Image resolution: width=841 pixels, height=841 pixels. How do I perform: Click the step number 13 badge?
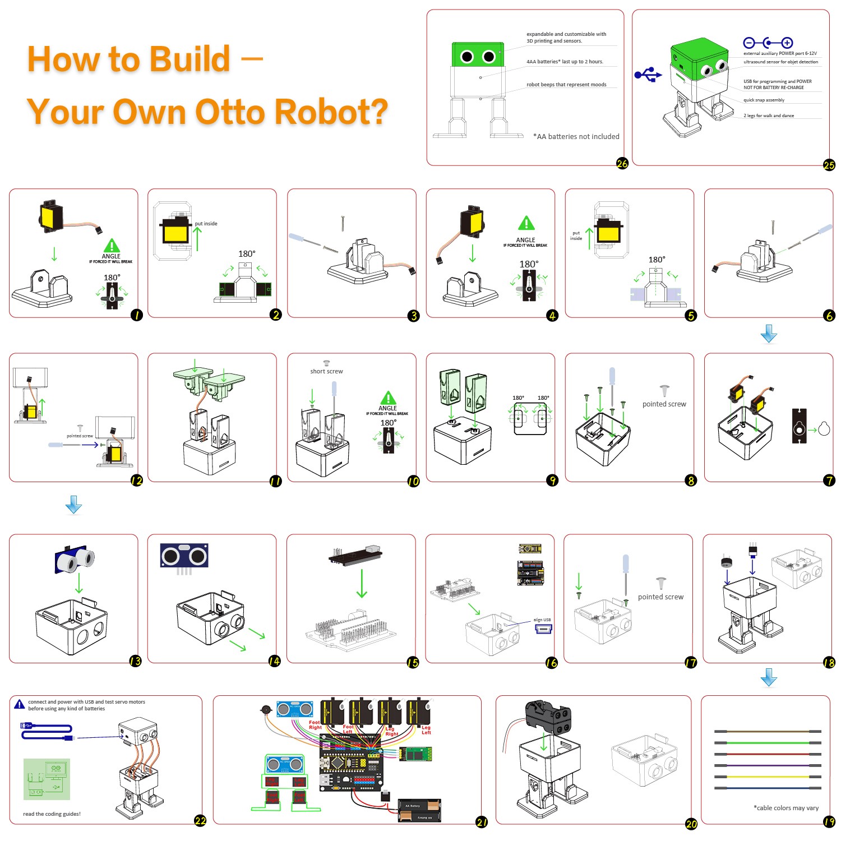(135, 661)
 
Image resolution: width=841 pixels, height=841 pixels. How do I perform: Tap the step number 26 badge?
(622, 163)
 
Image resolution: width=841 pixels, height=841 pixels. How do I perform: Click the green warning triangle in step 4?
(526, 223)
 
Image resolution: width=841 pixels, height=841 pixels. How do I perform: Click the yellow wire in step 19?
(768, 777)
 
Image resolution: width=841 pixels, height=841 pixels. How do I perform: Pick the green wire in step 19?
(768, 742)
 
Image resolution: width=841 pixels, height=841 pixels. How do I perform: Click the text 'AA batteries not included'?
(576, 136)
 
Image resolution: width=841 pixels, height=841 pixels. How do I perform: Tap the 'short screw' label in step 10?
(326, 371)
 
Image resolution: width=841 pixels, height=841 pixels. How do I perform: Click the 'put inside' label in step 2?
(206, 224)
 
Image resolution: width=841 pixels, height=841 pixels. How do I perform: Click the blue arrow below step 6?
(769, 334)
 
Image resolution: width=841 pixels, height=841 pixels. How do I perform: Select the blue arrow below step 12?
(73, 505)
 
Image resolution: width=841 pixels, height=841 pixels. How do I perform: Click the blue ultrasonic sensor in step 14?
(184, 556)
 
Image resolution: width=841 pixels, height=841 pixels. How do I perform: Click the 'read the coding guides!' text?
(52, 814)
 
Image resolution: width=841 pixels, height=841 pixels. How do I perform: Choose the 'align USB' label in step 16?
(542, 620)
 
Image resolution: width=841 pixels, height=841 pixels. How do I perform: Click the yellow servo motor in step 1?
(52, 216)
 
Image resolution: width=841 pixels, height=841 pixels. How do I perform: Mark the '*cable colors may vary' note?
(786, 808)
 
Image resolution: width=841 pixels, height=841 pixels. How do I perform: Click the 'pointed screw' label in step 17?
(660, 597)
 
